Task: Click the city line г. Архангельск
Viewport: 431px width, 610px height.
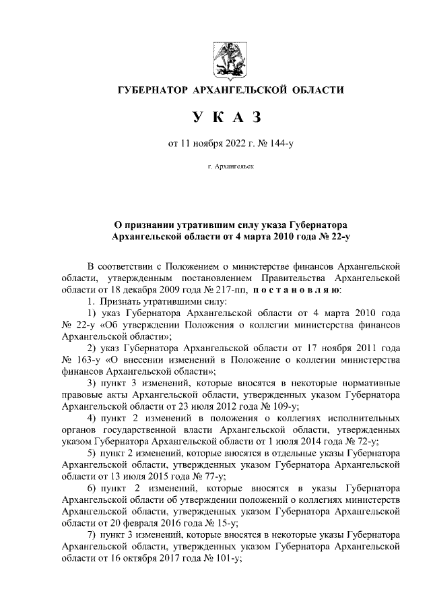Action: [231, 165]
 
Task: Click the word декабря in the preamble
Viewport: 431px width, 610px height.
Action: [133, 290]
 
